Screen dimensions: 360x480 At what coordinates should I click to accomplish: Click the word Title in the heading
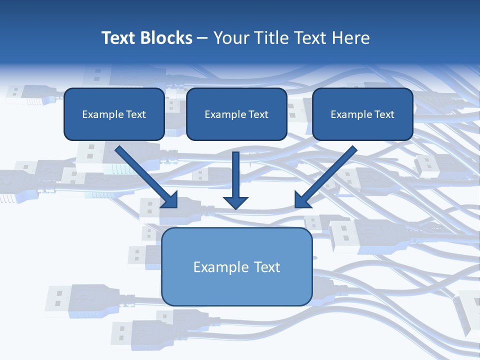click(270, 38)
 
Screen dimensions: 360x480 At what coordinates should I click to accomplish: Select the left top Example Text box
click(114, 114)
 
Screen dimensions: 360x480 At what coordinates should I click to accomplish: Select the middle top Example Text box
click(236, 114)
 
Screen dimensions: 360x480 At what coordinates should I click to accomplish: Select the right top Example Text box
click(362, 114)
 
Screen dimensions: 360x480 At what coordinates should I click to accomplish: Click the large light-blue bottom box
click(236, 266)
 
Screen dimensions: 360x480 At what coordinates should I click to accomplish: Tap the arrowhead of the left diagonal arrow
click(170, 200)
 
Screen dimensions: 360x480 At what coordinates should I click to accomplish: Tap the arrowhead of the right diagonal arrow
click(302, 200)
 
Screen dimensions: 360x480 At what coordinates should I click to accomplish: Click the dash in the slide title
click(202, 38)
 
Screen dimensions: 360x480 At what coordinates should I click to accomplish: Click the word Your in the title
click(230, 38)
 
